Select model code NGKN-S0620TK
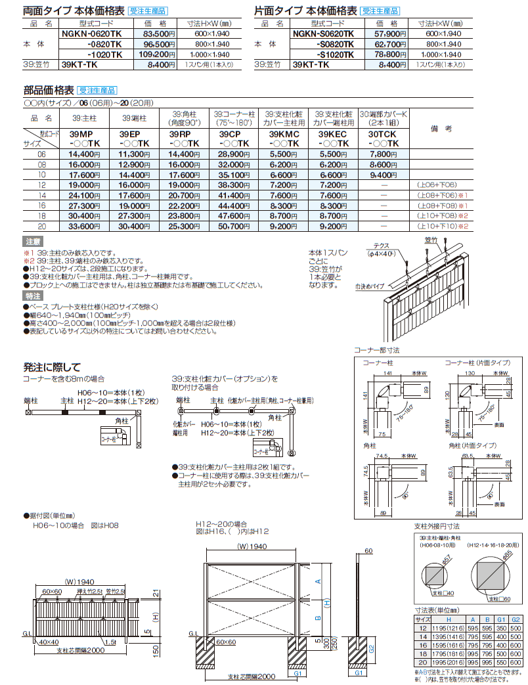click(323, 33)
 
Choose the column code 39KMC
click(284, 134)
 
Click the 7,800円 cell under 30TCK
click(383, 154)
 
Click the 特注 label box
click(33, 297)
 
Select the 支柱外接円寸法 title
click(437, 525)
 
